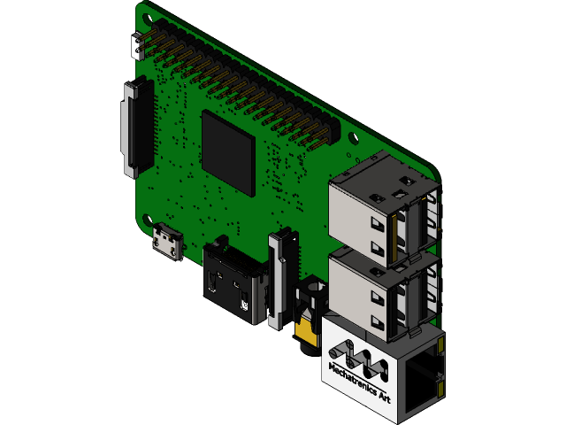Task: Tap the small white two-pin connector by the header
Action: click(138, 46)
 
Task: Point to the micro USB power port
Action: click(166, 243)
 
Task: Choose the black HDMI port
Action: click(233, 279)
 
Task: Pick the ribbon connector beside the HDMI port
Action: click(282, 274)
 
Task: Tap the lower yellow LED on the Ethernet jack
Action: click(440, 387)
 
